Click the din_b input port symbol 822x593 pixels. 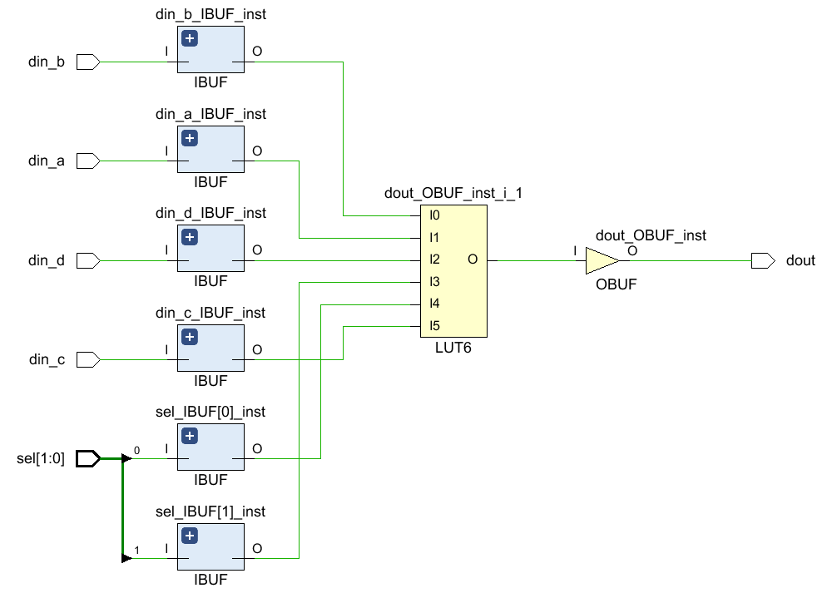coord(88,62)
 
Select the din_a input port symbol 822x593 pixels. coord(88,161)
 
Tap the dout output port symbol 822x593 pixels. coord(762,260)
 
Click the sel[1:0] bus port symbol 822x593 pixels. coord(88,458)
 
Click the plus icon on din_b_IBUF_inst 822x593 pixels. coord(190,38)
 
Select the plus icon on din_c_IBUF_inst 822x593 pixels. coord(190,337)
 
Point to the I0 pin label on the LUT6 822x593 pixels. coord(434,215)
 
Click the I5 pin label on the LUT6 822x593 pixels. coord(434,325)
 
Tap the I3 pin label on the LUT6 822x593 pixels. coord(434,282)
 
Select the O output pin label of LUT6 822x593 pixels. coord(473,259)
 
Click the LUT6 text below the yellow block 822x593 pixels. coord(453,348)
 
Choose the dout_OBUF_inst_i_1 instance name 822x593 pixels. coord(453,193)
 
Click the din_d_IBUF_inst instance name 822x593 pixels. coord(210,213)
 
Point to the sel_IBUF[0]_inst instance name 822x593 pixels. coord(210,412)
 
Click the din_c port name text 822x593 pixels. coord(47,360)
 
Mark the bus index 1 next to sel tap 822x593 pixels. coord(137,551)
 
